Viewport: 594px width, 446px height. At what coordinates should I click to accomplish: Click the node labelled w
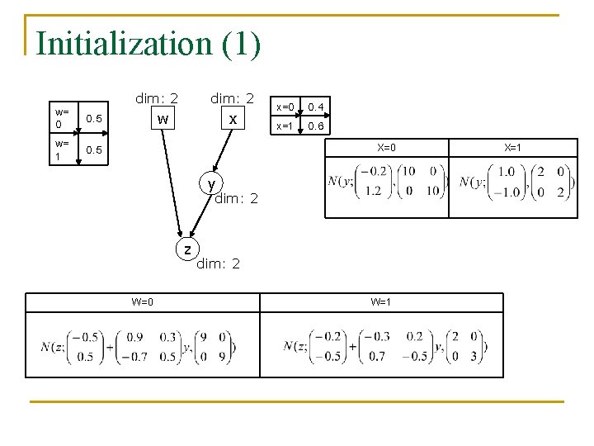point(163,120)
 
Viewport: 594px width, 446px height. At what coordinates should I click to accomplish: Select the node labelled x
point(233,120)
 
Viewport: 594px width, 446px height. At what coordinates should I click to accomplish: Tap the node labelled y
point(212,183)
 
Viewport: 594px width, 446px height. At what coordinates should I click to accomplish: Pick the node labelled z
point(187,249)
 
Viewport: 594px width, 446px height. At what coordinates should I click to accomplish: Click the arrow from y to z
point(200,215)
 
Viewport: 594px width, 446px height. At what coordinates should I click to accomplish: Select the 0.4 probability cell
point(317,107)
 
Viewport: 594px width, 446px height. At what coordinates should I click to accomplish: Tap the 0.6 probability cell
point(317,126)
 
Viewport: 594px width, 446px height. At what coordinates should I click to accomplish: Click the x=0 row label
point(285,107)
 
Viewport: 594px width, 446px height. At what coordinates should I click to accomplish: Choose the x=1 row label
point(285,126)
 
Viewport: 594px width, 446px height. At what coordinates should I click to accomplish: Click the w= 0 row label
point(61,117)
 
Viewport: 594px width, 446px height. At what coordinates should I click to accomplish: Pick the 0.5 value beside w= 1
point(94,149)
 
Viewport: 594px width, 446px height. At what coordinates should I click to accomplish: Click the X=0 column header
point(387,148)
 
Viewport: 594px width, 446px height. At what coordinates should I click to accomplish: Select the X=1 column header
point(513,148)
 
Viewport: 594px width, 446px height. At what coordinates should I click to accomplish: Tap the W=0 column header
point(142,301)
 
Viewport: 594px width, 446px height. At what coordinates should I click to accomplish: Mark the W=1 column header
point(381,301)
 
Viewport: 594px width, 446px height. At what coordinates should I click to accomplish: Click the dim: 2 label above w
point(157,98)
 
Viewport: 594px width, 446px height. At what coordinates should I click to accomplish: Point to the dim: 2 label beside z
point(218,263)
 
